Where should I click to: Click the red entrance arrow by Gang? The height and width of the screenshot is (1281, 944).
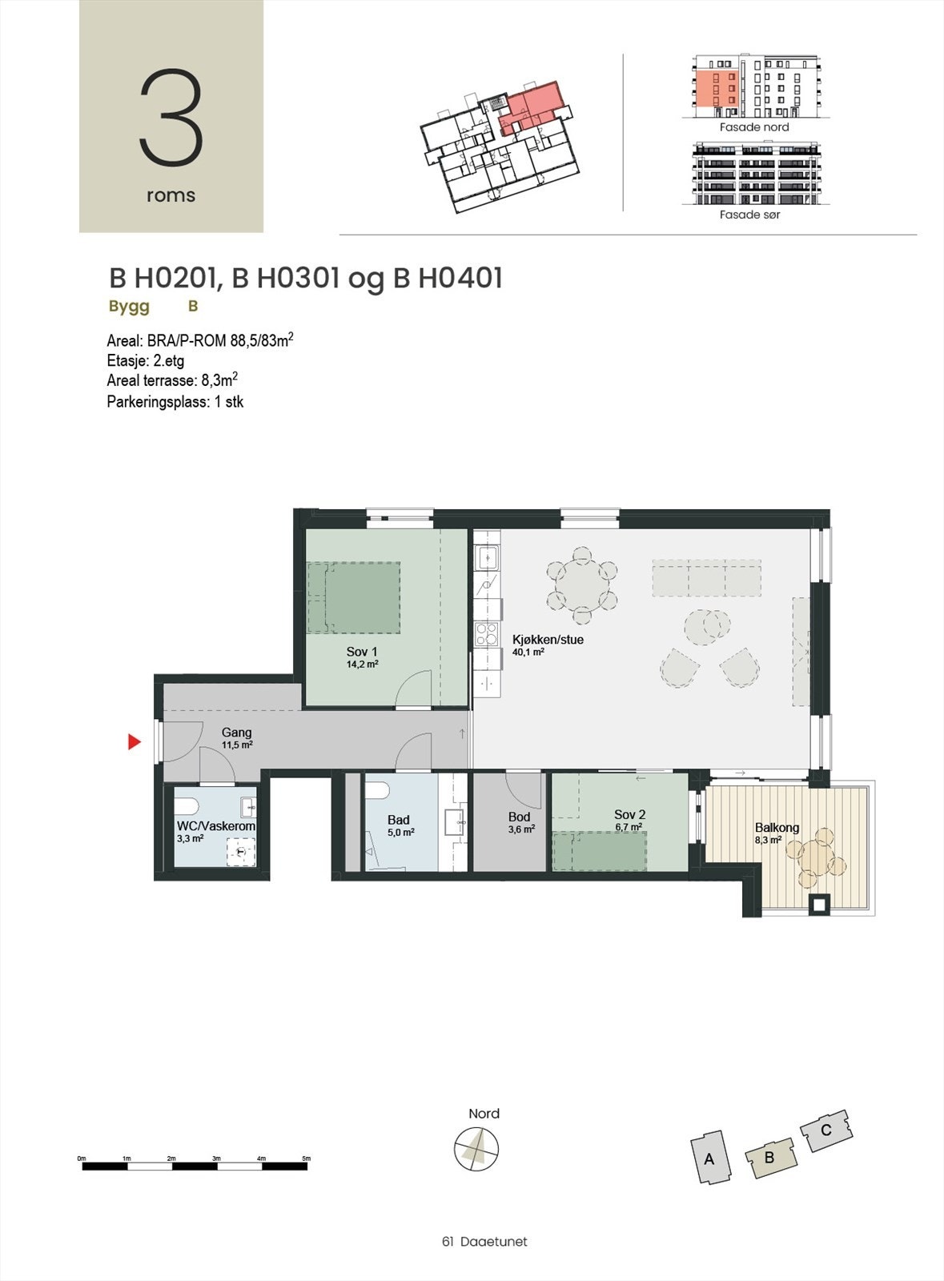click(x=134, y=743)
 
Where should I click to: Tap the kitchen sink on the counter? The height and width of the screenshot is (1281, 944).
click(x=486, y=557)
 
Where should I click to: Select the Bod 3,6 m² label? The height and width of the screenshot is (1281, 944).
click(x=520, y=822)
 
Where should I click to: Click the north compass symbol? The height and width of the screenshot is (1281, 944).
click(x=476, y=1149)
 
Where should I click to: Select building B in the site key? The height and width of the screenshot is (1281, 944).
click(x=769, y=1157)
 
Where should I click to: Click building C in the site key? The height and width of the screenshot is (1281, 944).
click(x=825, y=1130)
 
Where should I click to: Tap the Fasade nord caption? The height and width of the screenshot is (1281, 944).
click(x=753, y=127)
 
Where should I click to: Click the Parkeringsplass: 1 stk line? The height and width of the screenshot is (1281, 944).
click(x=175, y=402)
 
